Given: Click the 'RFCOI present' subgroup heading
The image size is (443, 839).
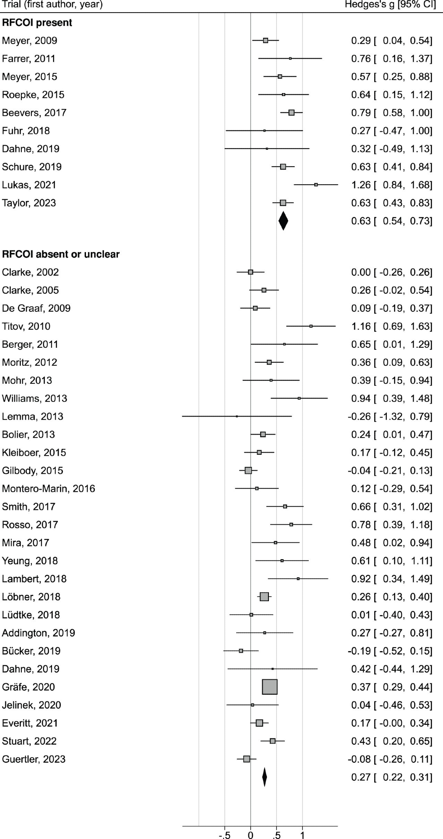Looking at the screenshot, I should tap(37, 23).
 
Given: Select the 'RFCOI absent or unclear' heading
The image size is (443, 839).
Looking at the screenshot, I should tap(61, 254).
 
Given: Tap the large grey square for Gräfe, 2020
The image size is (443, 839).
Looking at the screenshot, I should tap(270, 687).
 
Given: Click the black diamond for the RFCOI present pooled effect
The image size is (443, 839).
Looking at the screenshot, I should tap(283, 221).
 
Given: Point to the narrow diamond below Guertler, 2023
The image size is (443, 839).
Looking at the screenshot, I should tap(264, 777).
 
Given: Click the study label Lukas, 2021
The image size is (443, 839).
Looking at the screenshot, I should tap(29, 185).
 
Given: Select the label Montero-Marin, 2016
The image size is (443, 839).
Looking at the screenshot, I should tap(49, 489).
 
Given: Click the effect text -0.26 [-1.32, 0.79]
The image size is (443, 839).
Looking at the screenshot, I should tap(390, 417).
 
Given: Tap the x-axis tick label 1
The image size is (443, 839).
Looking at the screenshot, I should tap(302, 835).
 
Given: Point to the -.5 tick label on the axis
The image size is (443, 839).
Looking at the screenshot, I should tap(224, 835).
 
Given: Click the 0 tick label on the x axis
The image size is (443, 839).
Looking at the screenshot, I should tap(250, 835).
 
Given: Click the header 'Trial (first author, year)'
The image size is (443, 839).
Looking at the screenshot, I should tap(52, 5).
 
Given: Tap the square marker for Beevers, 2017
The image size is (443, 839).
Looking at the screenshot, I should tap(292, 112).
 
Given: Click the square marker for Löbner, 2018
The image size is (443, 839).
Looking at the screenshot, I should tap(264, 597).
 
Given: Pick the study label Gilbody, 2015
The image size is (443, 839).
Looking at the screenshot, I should tap(32, 471).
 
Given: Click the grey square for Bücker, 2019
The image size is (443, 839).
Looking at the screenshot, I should tap(241, 651).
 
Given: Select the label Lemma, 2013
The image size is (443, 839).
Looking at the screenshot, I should tap(32, 417).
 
